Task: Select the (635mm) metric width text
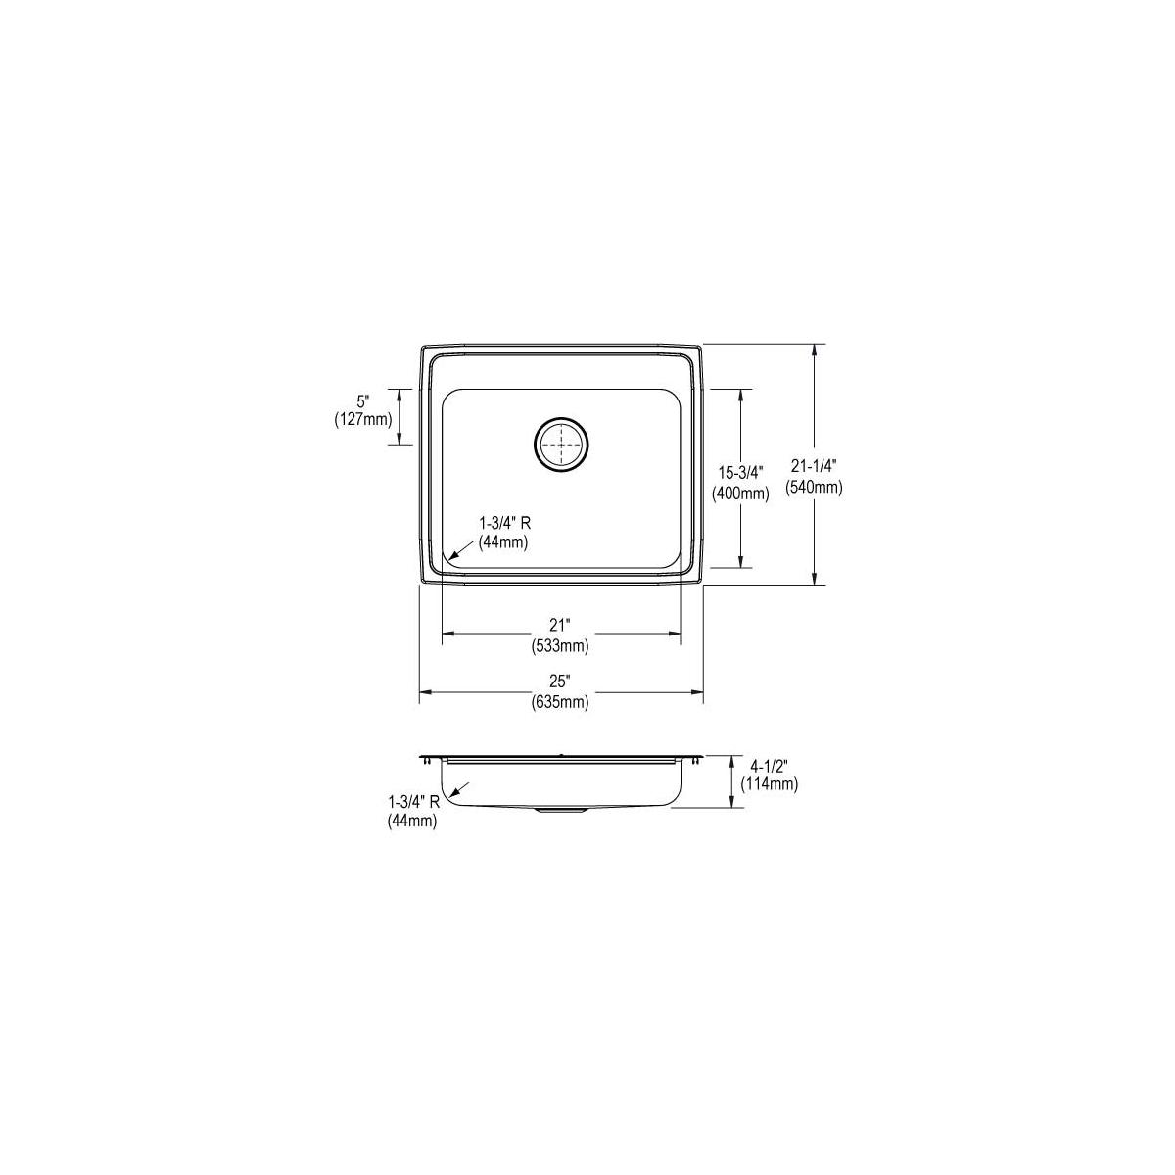click(x=560, y=703)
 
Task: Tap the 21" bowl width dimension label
click(x=560, y=625)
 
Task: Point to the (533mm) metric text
click(x=560, y=646)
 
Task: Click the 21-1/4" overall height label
click(x=814, y=466)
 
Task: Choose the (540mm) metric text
click(x=814, y=488)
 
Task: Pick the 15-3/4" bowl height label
click(x=740, y=473)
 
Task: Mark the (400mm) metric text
click(x=740, y=493)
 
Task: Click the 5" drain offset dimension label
click(x=363, y=401)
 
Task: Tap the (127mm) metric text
click(x=363, y=420)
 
